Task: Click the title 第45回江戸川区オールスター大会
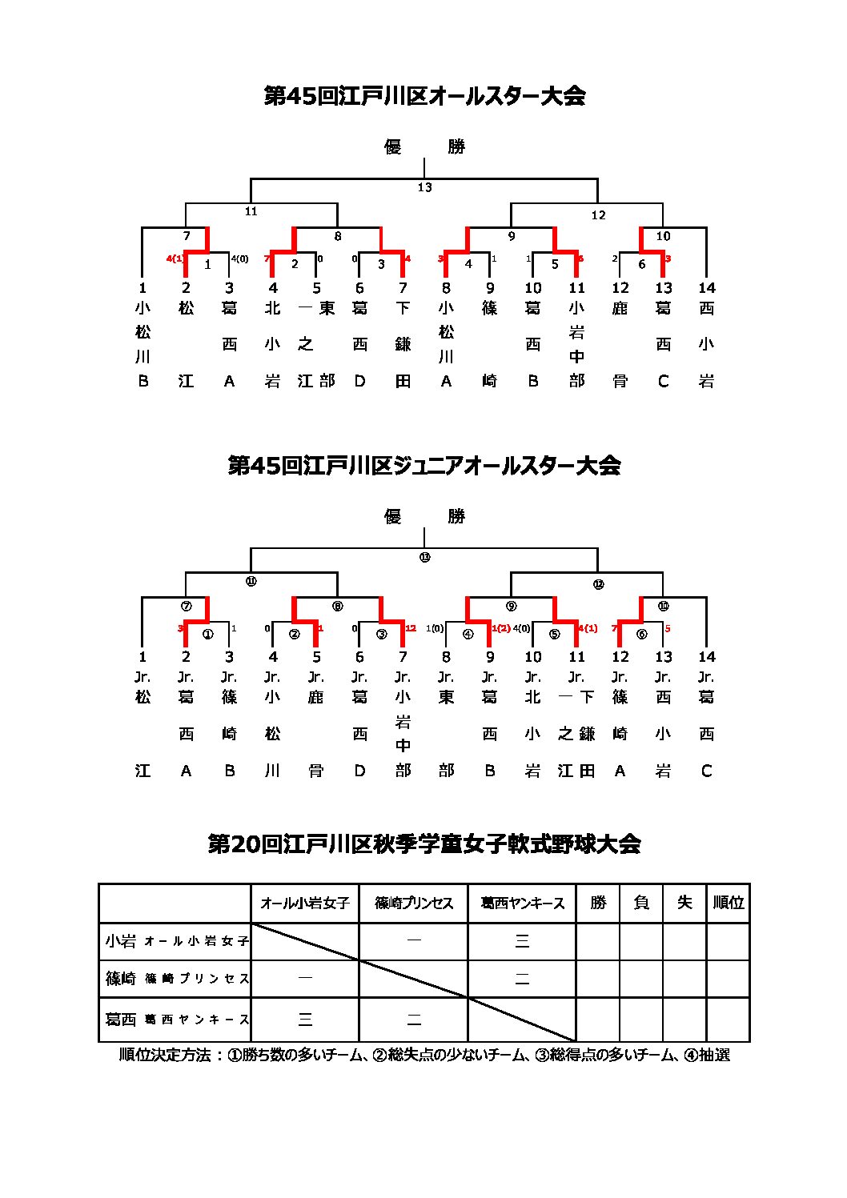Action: click(424, 96)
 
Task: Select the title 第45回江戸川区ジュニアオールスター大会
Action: click(424, 466)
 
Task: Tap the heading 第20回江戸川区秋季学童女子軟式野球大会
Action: click(424, 844)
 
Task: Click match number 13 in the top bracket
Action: click(424, 187)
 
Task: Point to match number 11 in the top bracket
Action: click(251, 211)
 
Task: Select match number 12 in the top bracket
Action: click(598, 214)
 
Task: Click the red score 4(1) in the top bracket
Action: click(175, 258)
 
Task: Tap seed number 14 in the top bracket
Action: click(706, 288)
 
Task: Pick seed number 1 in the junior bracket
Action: click(143, 657)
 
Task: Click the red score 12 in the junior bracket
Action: click(410, 628)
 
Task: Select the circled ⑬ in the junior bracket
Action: click(424, 557)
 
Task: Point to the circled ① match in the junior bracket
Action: click(208, 634)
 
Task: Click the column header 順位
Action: click(728, 903)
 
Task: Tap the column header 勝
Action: click(598, 903)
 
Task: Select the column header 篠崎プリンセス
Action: click(414, 903)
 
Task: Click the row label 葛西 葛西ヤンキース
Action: click(176, 1020)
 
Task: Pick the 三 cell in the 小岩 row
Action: click(522, 941)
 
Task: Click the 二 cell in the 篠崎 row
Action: click(522, 979)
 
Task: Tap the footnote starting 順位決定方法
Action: click(424, 1055)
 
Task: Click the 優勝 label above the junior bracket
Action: click(424, 517)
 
